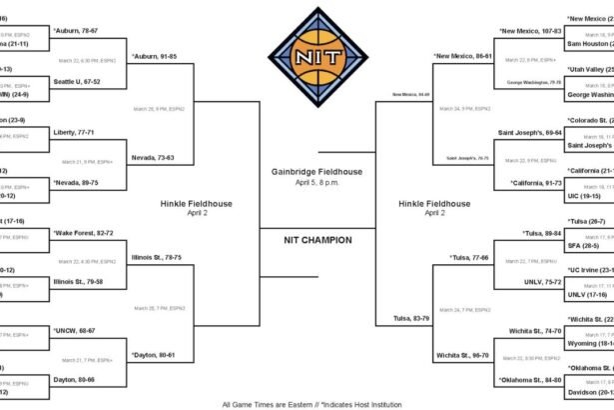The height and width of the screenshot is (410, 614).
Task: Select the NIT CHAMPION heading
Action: (308, 239)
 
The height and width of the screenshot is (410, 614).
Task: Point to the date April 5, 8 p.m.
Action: (308, 183)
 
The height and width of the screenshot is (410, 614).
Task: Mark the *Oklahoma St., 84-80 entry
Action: (530, 380)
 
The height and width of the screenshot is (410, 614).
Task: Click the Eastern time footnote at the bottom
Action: (307, 404)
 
